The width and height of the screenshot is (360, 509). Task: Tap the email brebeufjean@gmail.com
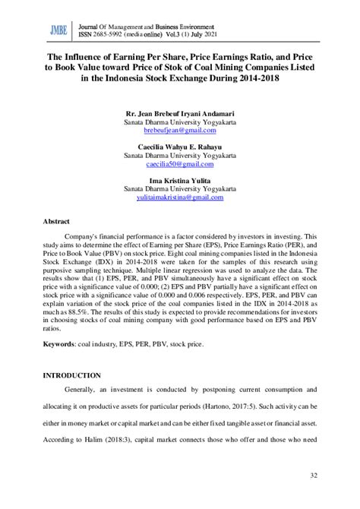point(179,131)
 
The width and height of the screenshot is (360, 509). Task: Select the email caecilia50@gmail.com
point(179,163)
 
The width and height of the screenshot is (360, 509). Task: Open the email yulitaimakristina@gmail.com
point(179,197)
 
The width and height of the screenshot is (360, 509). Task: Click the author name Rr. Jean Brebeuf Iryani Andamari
point(179,113)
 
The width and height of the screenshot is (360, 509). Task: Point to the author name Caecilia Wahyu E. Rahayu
point(179,147)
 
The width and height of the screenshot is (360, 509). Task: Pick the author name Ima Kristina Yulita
point(179,180)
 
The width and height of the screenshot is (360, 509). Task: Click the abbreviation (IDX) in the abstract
point(101,259)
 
